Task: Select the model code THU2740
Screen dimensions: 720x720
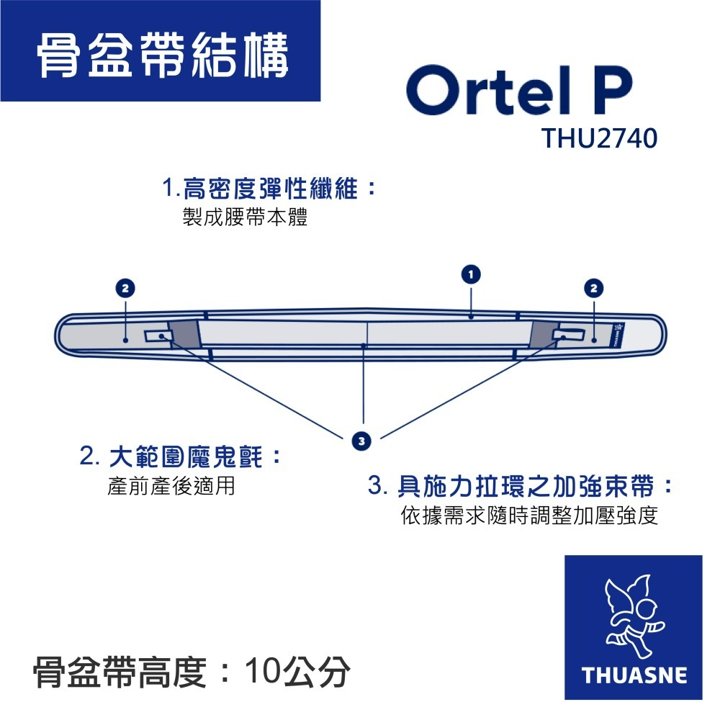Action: click(x=600, y=138)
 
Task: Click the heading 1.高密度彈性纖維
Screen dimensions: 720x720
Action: click(x=270, y=189)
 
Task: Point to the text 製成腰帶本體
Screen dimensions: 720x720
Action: click(x=246, y=218)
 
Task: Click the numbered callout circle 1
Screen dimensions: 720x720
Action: click(x=470, y=274)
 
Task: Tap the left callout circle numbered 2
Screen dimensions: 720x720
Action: click(x=125, y=287)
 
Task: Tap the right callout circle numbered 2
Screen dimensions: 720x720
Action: click(x=594, y=287)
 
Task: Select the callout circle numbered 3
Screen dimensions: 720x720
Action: click(x=363, y=439)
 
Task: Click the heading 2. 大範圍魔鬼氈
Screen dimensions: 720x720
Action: click(x=180, y=456)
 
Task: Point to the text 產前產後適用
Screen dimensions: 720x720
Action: click(x=171, y=487)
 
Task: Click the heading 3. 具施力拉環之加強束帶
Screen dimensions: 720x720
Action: click(x=521, y=487)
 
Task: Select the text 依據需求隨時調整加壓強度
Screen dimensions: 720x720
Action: click(x=529, y=516)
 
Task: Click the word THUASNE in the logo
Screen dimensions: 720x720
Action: click(x=634, y=676)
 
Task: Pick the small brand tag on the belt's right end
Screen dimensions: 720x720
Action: click(x=618, y=333)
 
